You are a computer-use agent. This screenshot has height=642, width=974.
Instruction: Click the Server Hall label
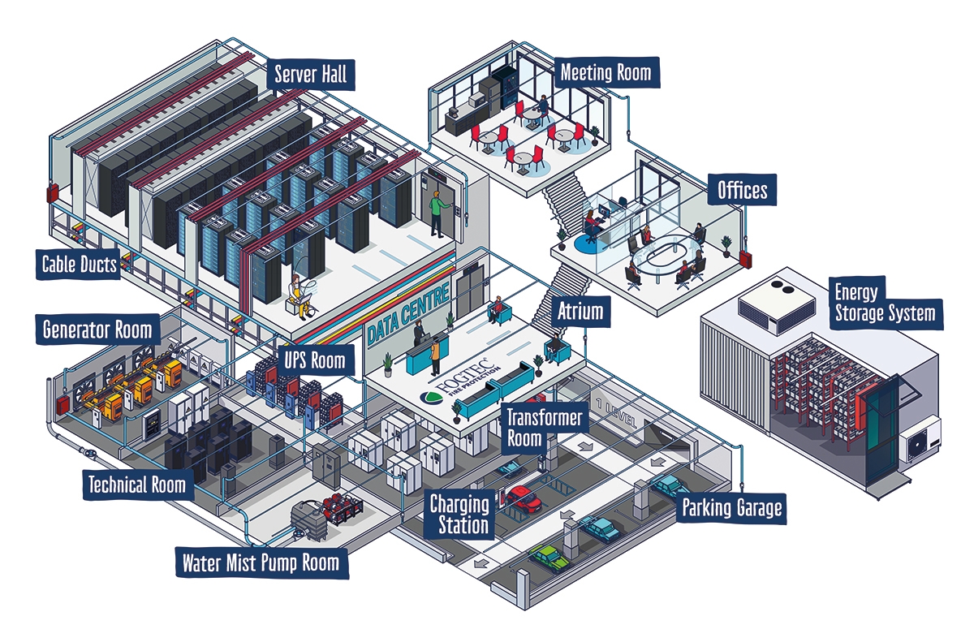[310, 75]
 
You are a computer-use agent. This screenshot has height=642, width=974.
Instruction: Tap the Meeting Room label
[606, 73]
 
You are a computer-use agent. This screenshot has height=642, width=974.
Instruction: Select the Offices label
[742, 190]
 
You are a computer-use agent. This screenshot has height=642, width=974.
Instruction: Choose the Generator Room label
[97, 330]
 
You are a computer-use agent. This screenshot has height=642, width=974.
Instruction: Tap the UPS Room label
[314, 360]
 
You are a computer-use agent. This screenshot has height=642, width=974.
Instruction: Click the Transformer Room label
[545, 427]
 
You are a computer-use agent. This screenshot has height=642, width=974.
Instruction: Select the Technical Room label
[137, 485]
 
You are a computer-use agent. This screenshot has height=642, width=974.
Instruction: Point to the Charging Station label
[459, 515]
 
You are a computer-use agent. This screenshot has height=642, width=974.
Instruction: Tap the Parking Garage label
[731, 509]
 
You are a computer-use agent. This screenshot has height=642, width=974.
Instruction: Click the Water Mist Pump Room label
[261, 562]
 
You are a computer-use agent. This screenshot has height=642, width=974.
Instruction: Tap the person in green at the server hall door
[439, 213]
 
